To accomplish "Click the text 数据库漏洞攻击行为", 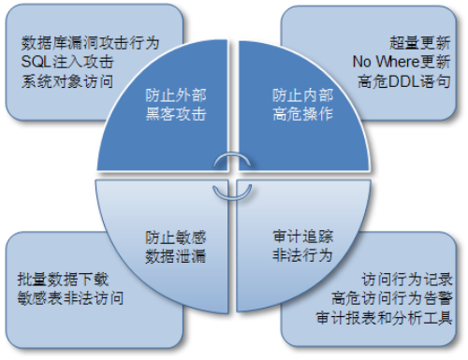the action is (x=90, y=43).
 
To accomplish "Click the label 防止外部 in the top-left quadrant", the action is (x=175, y=96).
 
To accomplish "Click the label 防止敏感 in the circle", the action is (x=175, y=238).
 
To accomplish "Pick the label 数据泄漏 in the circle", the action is (x=175, y=255).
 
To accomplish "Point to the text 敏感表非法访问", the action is (x=70, y=298).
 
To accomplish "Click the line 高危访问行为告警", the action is (x=393, y=298).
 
